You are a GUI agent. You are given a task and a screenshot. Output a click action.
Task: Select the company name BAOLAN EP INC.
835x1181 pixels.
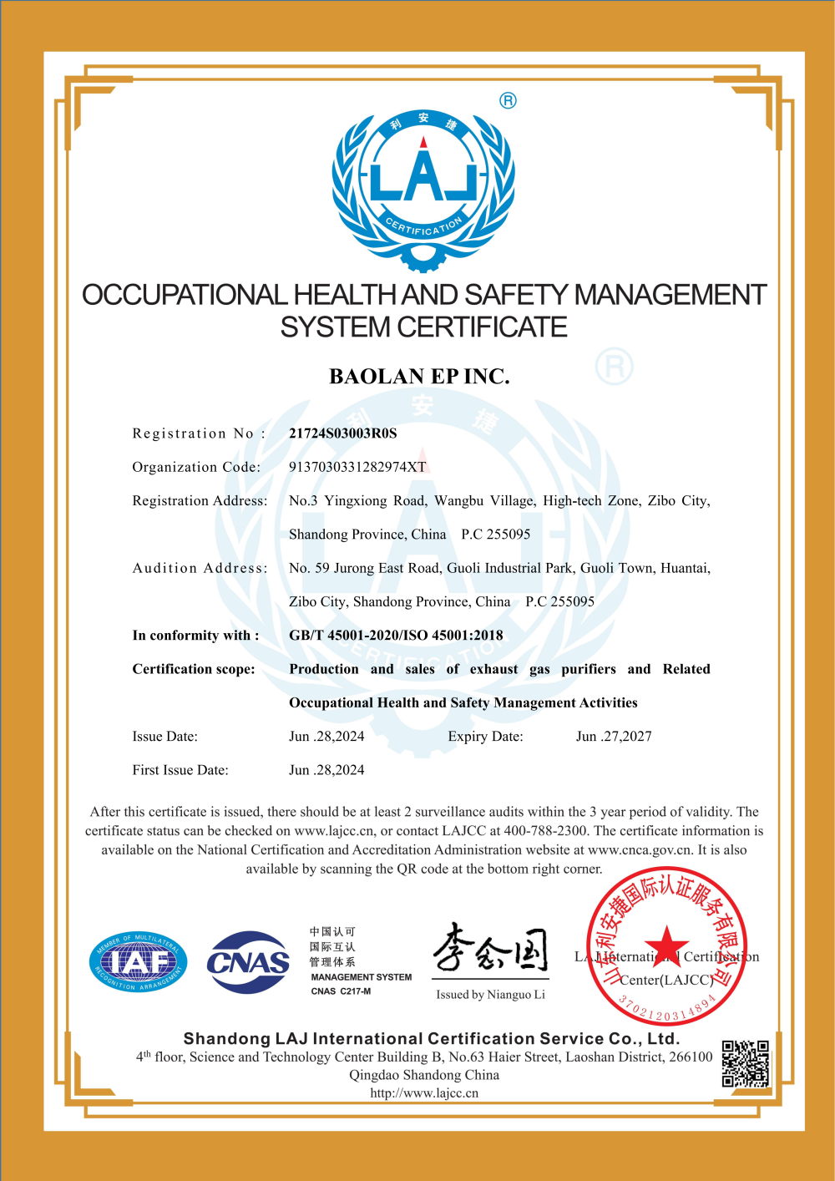click(419, 377)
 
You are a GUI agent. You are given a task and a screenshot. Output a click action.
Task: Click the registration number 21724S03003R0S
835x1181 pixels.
click(342, 433)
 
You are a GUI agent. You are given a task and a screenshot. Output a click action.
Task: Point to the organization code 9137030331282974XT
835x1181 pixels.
click(357, 467)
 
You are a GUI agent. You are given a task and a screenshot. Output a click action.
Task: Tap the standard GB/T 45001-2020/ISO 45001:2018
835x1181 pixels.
click(396, 636)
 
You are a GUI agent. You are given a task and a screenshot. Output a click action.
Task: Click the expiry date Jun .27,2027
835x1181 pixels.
click(614, 737)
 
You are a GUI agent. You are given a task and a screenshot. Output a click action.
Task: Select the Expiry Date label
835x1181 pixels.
click(485, 737)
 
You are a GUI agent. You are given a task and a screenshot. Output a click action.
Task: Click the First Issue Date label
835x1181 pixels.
click(180, 770)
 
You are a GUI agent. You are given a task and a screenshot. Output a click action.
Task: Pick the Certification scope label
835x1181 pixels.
click(194, 669)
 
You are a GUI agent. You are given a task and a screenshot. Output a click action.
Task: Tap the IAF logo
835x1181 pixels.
click(138, 963)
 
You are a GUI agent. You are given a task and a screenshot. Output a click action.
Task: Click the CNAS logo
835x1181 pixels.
click(248, 963)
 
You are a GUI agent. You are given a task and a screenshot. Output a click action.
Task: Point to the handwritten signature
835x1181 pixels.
click(490, 950)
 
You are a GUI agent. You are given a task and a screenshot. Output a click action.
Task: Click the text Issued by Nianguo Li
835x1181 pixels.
click(490, 995)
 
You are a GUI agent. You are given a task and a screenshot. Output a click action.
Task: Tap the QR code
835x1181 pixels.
click(745, 1063)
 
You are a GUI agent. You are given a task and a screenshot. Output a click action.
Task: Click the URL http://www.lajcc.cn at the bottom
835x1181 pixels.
click(424, 1093)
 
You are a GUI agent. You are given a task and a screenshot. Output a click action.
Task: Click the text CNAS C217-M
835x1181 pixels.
click(341, 991)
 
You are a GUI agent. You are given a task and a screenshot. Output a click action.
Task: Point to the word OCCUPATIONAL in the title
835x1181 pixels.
click(185, 295)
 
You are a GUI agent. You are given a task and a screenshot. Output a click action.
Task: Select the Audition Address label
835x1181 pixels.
click(200, 568)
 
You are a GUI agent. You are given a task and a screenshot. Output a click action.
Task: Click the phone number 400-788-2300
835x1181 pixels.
click(546, 831)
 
